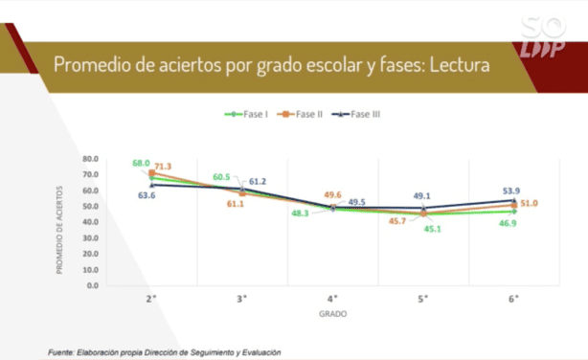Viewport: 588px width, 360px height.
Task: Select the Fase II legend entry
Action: (302, 115)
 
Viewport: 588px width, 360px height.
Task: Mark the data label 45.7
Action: (396, 222)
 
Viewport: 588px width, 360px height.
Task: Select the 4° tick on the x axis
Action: (332, 299)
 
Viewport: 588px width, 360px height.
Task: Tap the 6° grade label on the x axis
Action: (513, 299)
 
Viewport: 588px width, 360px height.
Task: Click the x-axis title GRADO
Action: (332, 313)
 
